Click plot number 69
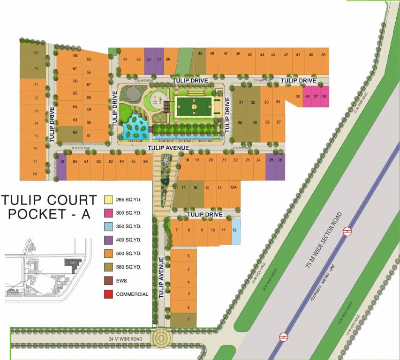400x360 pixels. tap(36, 53)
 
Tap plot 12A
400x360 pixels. tap(233, 187)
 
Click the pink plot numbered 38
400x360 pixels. tap(324, 96)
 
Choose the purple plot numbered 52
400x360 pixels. tap(149, 59)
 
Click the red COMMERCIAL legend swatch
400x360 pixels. tap(108, 294)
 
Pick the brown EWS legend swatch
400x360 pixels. tap(108, 281)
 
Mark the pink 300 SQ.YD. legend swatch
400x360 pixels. tap(108, 213)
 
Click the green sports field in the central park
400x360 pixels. tap(193, 107)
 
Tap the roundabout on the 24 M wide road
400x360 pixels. tap(162, 338)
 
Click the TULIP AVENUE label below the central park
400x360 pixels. tap(168, 148)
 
